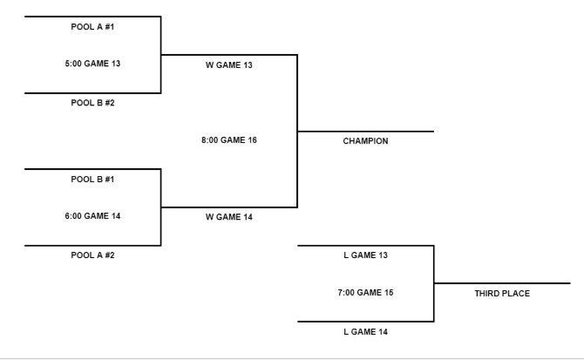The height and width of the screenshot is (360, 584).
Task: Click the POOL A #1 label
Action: click(92, 26)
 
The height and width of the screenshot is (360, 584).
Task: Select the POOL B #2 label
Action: click(92, 102)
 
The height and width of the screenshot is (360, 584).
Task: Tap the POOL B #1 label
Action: click(92, 179)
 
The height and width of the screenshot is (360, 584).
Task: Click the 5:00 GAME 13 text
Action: click(92, 64)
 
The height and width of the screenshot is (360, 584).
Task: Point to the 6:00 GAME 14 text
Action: click(92, 216)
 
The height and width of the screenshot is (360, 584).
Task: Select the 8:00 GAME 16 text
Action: click(228, 139)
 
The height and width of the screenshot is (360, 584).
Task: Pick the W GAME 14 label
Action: click(228, 217)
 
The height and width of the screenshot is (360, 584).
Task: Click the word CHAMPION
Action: click(365, 140)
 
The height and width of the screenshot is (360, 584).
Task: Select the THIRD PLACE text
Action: click(502, 293)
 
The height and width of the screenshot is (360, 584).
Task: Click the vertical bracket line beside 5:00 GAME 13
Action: click(161, 54)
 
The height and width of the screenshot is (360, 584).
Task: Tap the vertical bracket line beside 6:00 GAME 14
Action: click(161, 207)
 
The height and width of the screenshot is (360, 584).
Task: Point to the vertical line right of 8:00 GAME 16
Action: click(297, 131)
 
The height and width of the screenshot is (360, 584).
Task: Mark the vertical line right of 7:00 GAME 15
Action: click(433, 283)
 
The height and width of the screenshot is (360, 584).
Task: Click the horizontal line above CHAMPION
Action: click(365, 132)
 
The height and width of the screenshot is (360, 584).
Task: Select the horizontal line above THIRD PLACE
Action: click(502, 283)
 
